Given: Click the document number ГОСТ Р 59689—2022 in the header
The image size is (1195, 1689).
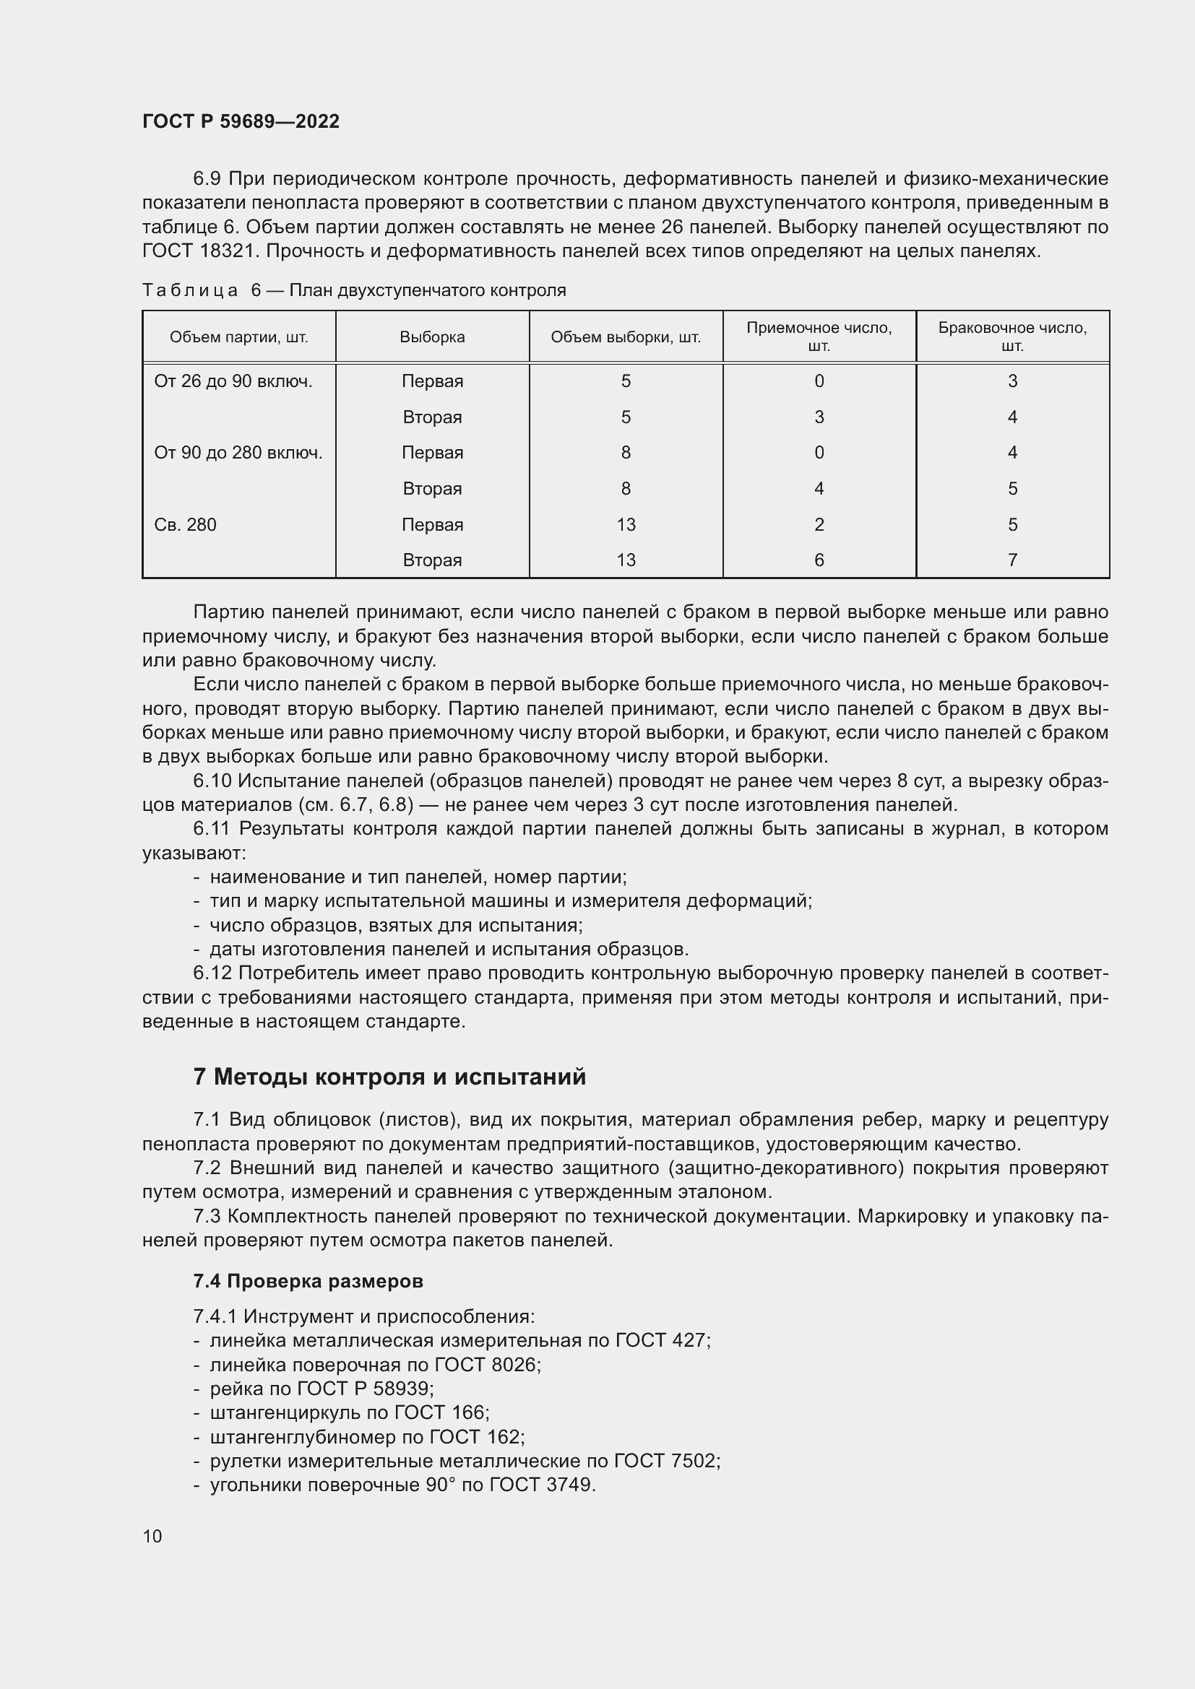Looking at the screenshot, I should [x=241, y=122].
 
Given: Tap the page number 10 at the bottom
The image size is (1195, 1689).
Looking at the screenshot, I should [x=152, y=1536].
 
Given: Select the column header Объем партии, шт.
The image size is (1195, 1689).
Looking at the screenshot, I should [x=238, y=337].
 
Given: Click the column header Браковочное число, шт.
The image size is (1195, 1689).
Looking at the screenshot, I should [x=1011, y=337].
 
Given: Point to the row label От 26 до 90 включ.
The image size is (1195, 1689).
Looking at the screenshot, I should [x=233, y=381].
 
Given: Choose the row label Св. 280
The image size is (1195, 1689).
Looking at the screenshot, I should [x=186, y=524].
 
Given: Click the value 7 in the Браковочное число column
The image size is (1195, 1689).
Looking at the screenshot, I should [x=1011, y=560].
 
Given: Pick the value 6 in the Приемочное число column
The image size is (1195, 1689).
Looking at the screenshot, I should [x=819, y=560].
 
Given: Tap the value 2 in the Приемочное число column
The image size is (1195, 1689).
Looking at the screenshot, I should [x=819, y=524].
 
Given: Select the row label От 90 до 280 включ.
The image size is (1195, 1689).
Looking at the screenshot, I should [x=238, y=453].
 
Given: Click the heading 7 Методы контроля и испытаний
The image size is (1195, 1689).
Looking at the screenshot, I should [x=389, y=1077].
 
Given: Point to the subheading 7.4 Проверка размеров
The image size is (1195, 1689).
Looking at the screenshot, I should [x=308, y=1281].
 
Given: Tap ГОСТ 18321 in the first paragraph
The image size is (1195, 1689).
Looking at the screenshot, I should [x=198, y=251].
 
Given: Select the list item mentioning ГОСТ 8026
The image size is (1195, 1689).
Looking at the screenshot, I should [x=375, y=1365].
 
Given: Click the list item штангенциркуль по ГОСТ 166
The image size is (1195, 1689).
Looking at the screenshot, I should [x=350, y=1412].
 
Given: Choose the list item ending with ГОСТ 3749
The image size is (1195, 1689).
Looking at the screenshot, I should [x=402, y=1485].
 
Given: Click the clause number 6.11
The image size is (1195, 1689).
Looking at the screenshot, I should [x=212, y=828].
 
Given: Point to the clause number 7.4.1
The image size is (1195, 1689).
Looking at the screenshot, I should [x=215, y=1316].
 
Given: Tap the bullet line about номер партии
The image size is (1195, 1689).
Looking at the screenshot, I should [x=418, y=877].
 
